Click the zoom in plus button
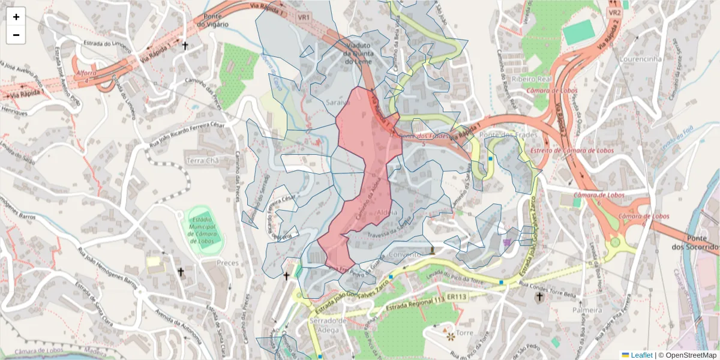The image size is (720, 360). (x=16, y=17)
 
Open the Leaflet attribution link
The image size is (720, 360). (x=641, y=355)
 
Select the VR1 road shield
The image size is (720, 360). (x=303, y=17)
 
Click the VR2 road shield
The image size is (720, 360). (x=614, y=12)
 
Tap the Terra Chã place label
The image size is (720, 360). (x=203, y=161)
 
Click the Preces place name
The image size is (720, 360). (x=227, y=263)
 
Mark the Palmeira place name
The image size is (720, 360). (x=587, y=310)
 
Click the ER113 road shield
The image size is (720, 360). (x=457, y=297)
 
